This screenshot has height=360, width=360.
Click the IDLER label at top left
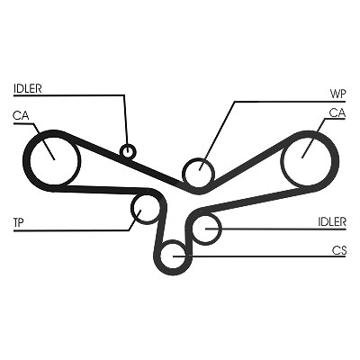(28, 88)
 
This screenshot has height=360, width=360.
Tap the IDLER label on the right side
(332, 222)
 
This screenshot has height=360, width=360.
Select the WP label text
(338, 94)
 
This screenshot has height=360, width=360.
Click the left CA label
(21, 115)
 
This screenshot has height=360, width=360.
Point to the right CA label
(337, 113)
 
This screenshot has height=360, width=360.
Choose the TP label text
(19, 222)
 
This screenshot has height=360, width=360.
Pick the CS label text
(339, 250)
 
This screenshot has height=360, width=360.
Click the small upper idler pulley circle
(128, 144)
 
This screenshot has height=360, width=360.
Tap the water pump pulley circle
(199, 159)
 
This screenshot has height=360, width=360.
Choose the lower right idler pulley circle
(207, 213)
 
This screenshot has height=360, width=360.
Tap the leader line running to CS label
(259, 256)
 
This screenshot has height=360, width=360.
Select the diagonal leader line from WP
(217, 136)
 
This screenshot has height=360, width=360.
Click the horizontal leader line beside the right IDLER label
(275, 229)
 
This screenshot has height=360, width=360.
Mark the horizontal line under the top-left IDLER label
(68, 95)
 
